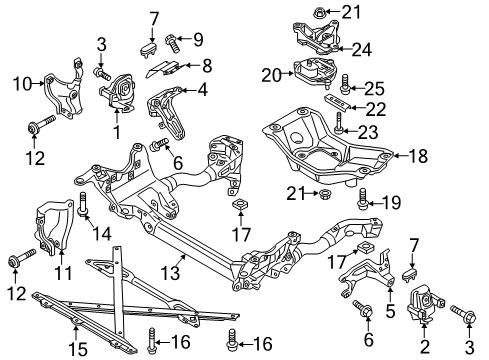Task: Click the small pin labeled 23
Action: (x=339, y=124)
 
